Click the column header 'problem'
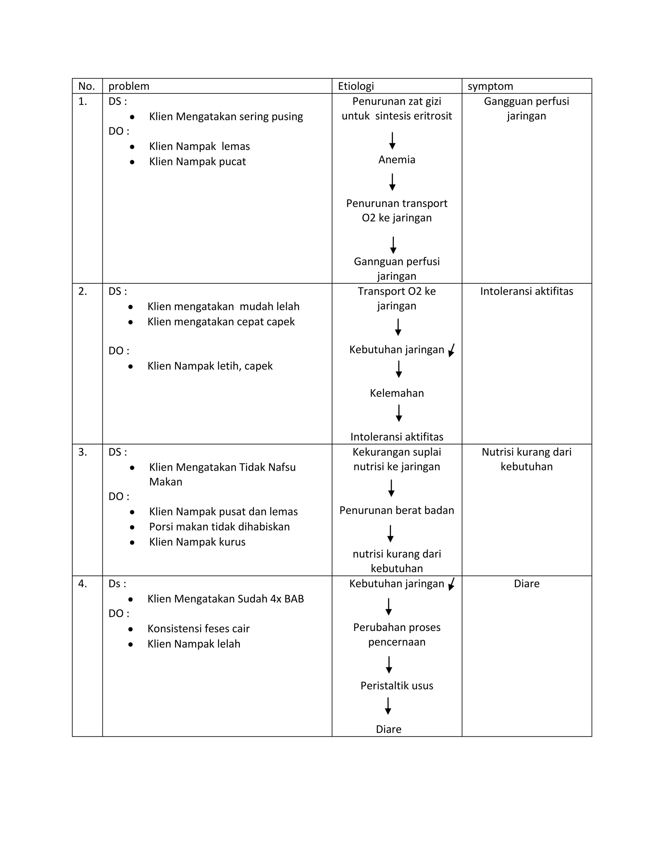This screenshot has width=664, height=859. tap(129, 86)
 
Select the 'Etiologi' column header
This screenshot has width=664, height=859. tap(356, 86)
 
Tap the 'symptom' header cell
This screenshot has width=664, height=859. tap(490, 86)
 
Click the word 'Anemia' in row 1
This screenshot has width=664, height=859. tap(397, 160)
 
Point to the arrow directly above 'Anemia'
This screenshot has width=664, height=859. tap(392, 141)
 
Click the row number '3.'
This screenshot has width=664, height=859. tap(83, 452)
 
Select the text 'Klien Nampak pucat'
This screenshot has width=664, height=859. tap(197, 162)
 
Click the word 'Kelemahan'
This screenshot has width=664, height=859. tap(397, 393)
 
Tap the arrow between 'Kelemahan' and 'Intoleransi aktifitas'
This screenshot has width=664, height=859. tap(398, 413)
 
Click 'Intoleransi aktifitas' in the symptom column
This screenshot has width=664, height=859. tap(526, 291)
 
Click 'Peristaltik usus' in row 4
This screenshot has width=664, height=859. tap(397, 686)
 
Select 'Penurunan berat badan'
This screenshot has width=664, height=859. tap(397, 510)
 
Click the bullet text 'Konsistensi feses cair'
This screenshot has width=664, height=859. tap(198, 629)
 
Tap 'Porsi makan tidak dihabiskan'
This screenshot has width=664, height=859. tap(219, 527)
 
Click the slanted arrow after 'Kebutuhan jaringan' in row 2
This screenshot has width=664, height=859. tap(452, 350)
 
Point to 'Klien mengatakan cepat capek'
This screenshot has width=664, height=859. tap(221, 322)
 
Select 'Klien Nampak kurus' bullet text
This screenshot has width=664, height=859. tap(197, 542)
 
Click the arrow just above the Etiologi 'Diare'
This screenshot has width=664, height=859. tap(388, 706)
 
